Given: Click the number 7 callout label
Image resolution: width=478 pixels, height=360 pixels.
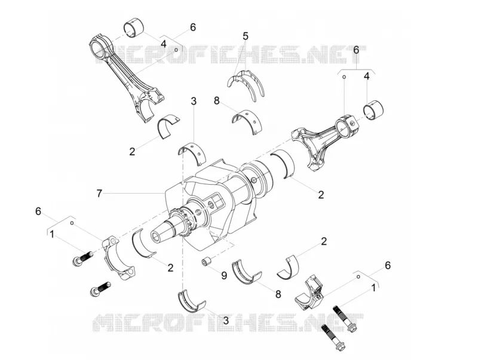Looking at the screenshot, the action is (x=99, y=193).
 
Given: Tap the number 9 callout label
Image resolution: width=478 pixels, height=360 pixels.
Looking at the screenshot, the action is (x=224, y=276).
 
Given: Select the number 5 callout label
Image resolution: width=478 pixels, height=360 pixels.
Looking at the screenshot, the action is (x=246, y=36).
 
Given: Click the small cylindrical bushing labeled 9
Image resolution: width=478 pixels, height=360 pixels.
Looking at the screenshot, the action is (x=207, y=262).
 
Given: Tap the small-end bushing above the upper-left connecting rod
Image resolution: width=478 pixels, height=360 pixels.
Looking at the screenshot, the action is (x=133, y=29).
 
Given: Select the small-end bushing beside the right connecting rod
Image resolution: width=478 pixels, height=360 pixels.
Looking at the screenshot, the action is (x=375, y=109).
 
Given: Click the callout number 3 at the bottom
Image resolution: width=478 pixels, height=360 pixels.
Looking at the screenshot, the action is (x=226, y=321).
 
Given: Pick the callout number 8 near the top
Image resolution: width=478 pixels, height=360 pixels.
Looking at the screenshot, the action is (x=217, y=100).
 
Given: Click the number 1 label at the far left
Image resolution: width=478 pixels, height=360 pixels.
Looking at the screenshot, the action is (x=52, y=234).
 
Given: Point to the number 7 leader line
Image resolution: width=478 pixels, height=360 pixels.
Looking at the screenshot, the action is (x=133, y=194).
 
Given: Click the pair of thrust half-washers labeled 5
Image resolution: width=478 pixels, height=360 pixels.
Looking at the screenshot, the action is (x=246, y=83).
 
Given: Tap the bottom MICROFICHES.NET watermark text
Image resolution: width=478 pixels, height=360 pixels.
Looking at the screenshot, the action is (x=228, y=323).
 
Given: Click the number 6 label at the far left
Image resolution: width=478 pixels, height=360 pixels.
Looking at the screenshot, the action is (x=38, y=211).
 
